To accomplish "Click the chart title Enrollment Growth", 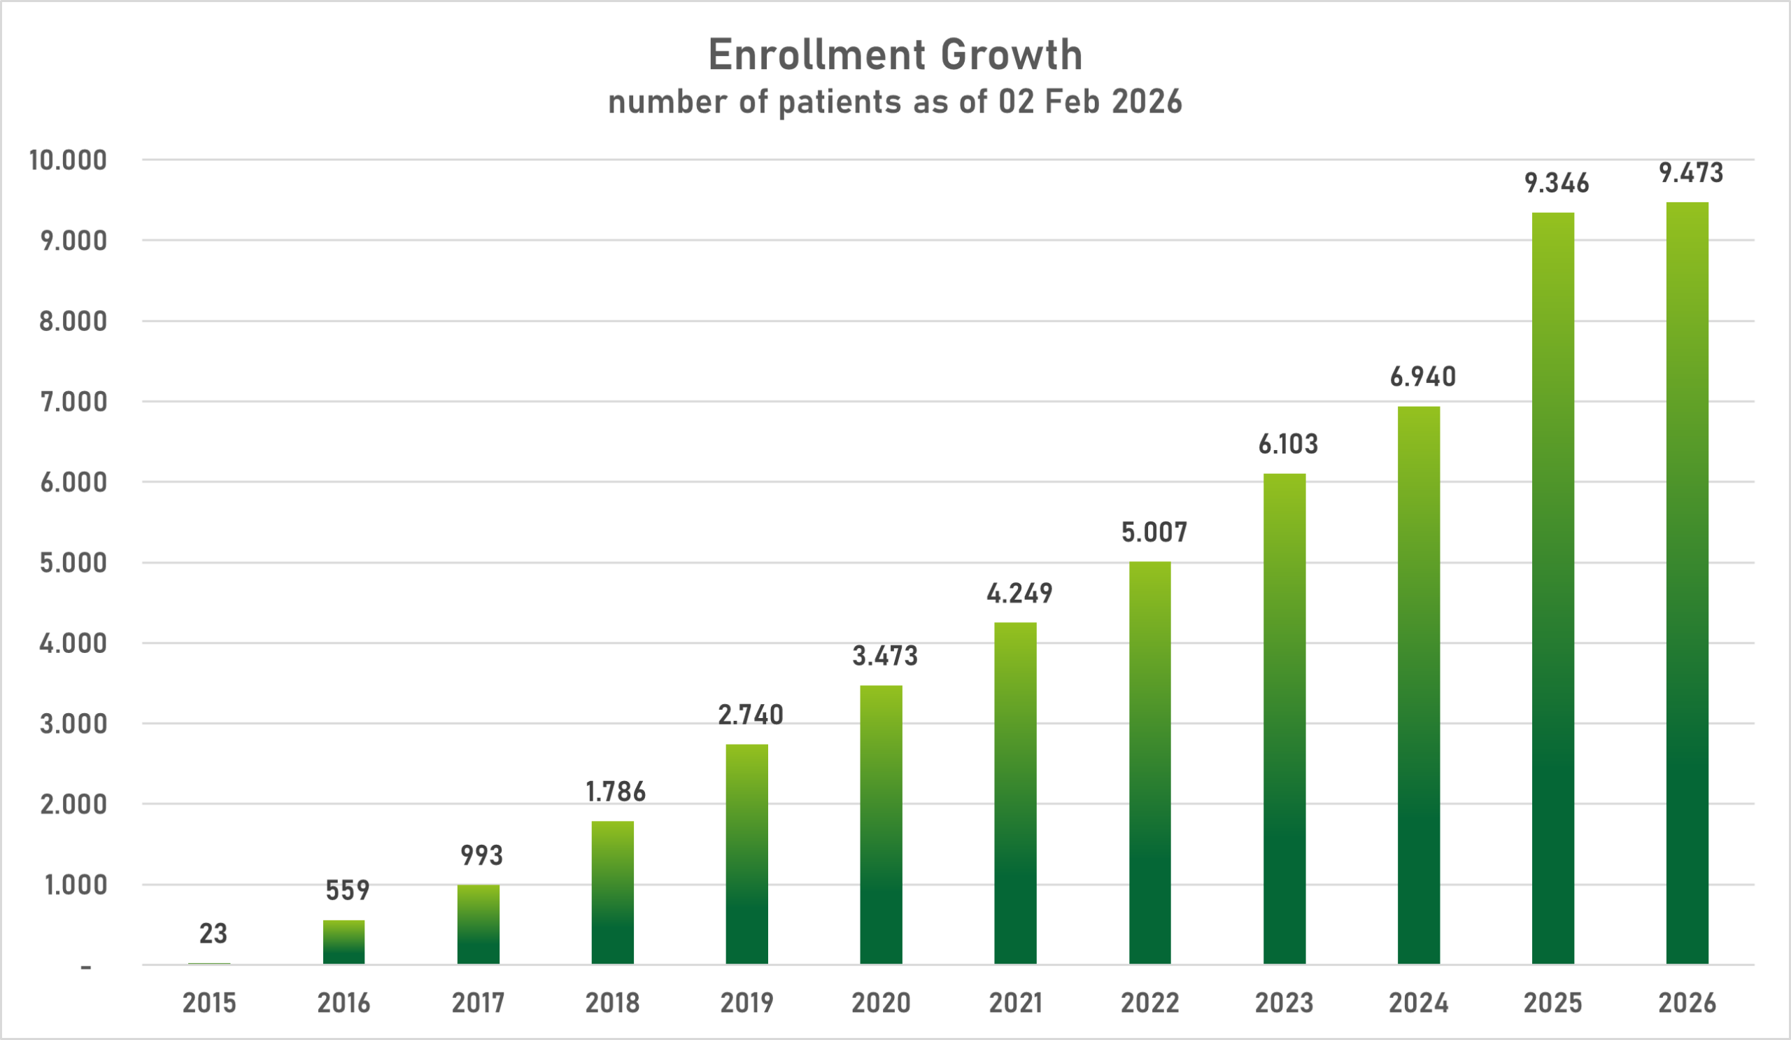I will [895, 55].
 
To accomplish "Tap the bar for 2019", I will [746, 854].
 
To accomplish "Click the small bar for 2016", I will [344, 942].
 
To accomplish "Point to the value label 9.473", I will [1691, 173].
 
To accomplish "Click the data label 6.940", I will [1422, 377].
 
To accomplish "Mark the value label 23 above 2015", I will [213, 934].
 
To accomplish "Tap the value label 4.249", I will [1019, 593].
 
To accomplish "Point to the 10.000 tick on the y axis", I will [68, 161].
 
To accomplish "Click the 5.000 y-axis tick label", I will [73, 563].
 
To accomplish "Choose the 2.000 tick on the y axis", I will [73, 805].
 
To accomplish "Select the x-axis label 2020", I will [881, 1003].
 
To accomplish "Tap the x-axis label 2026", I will [1687, 1003].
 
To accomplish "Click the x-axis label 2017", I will [478, 1003].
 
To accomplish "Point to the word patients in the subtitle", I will [840, 102].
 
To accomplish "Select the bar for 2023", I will [1284, 719].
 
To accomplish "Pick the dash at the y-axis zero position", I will [86, 967].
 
